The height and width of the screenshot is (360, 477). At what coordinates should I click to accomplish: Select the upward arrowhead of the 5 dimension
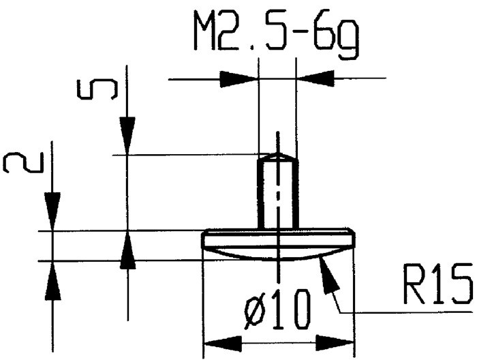click(127, 249)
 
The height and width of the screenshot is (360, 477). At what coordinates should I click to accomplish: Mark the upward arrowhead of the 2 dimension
click(52, 278)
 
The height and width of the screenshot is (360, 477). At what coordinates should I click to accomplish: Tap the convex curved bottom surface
click(279, 255)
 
